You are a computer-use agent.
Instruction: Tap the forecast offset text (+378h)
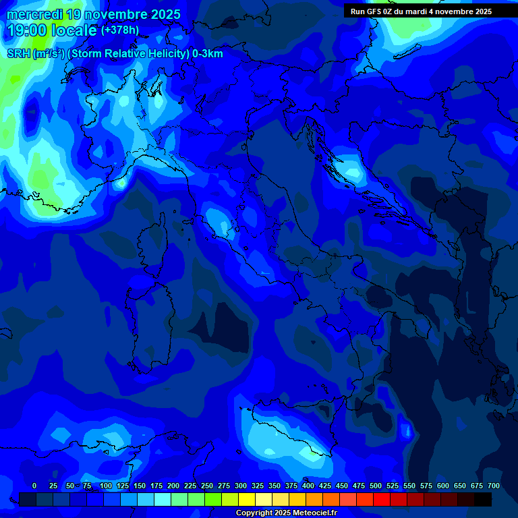[120, 30]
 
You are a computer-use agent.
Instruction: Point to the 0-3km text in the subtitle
[208, 54]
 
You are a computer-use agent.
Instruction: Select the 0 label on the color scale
[34, 486]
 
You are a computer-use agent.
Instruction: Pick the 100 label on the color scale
[106, 486]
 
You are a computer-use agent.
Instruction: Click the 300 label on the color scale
[241, 486]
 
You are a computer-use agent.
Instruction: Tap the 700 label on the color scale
[494, 486]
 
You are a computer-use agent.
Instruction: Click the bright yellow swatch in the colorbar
[247, 499]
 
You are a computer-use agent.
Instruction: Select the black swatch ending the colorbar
[483, 499]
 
